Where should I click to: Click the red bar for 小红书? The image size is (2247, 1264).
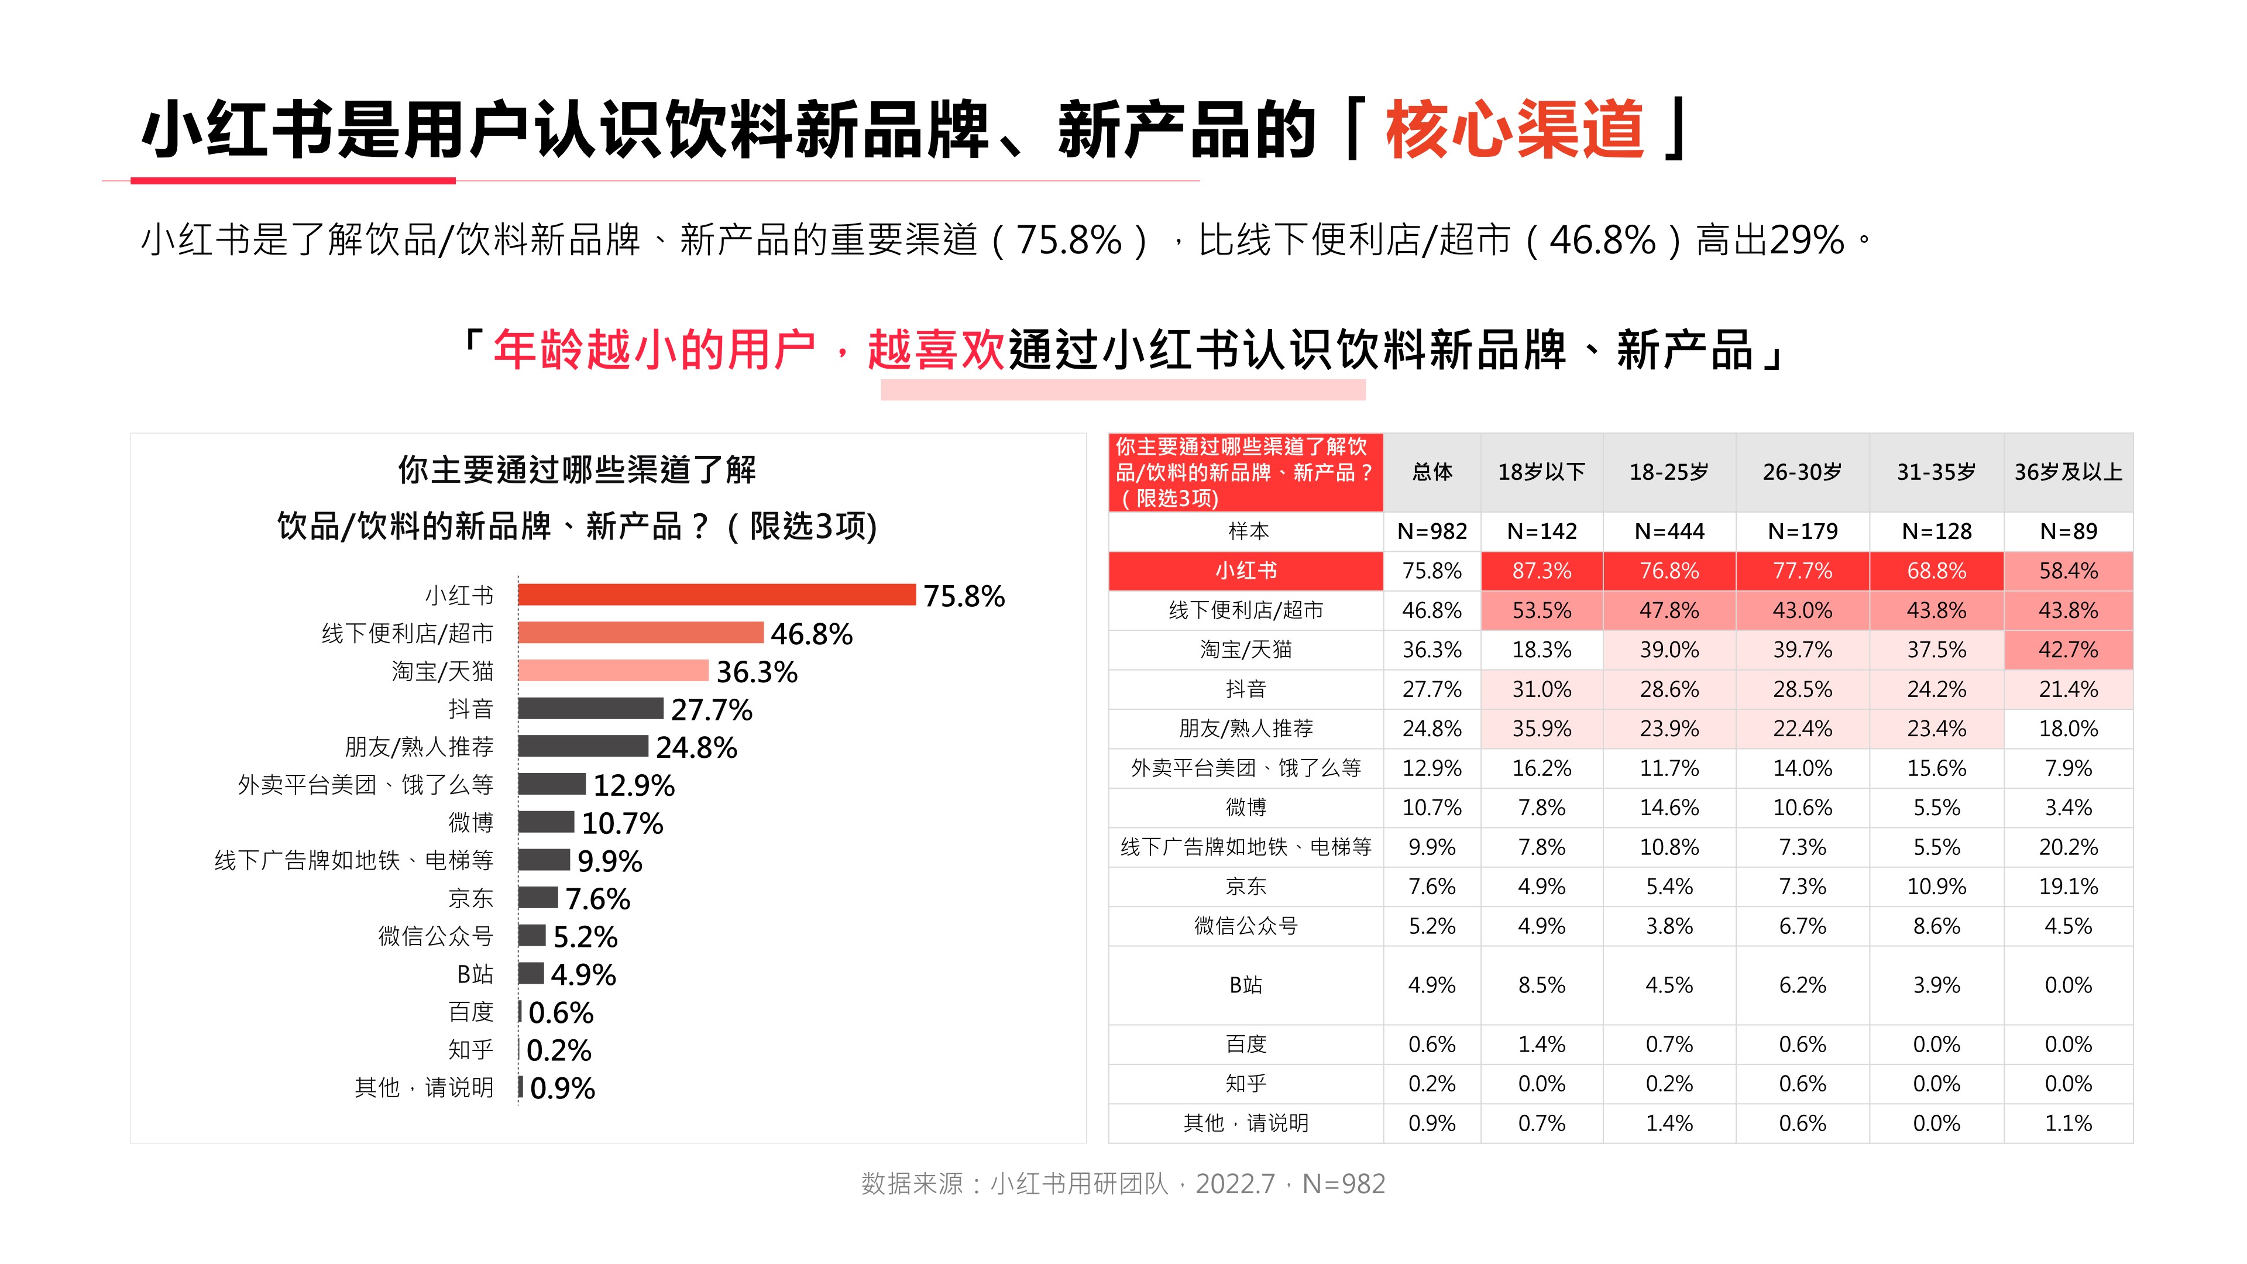pos(716,595)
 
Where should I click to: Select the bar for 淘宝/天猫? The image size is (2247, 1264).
pos(613,671)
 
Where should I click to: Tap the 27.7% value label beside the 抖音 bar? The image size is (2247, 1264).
pos(711,709)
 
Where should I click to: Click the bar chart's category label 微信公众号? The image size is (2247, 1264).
pos(435,936)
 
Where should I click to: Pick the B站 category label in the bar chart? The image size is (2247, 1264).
pos(475,974)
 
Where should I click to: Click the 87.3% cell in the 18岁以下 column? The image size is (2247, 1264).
pos(1541,571)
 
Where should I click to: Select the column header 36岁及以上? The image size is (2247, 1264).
pos(2067,472)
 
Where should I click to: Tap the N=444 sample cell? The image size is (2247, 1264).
pos(1669,531)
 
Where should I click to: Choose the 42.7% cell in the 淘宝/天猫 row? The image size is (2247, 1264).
pos(2067,650)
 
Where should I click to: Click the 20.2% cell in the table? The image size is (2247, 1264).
pos(2067,847)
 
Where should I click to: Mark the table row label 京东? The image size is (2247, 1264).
pos(1246,887)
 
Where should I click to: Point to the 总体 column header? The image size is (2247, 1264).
pos(1431,472)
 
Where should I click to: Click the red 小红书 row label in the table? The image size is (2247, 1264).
pos(1246,571)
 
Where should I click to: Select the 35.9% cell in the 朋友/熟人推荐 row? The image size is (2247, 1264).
pos(1541,729)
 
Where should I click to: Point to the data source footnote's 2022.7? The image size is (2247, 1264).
pos(1234,1184)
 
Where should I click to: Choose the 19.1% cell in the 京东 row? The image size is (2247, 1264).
pos(2067,887)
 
